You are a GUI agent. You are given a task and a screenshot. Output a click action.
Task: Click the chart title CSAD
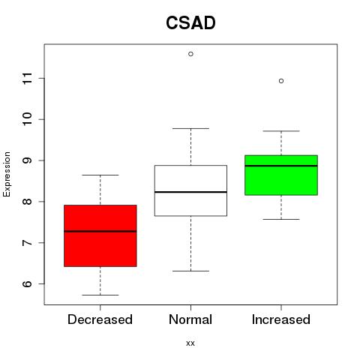tap(190, 22)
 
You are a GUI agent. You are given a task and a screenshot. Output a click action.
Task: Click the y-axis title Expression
tap(7, 174)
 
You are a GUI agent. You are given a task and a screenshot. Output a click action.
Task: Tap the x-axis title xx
tap(190, 343)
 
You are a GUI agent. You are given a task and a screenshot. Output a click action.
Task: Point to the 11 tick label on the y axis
tap(28, 78)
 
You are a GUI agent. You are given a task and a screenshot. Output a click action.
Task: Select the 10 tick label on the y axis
tap(28, 119)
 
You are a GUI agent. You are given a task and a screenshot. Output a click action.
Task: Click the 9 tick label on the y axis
tap(28, 160)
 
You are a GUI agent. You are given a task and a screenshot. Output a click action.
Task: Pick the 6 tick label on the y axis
tap(28, 283)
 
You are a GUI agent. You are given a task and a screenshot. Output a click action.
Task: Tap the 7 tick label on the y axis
tap(28, 242)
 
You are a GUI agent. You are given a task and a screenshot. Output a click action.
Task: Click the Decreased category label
tap(100, 319)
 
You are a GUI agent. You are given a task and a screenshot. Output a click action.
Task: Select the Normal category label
tap(190, 319)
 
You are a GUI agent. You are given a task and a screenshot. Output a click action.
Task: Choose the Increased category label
tap(281, 319)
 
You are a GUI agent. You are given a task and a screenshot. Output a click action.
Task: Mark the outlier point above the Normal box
tap(190, 54)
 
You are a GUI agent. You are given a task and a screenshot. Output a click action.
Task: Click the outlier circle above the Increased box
tap(281, 81)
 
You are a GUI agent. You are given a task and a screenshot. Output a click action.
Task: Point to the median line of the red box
tap(100, 231)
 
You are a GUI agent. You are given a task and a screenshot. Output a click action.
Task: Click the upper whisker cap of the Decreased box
tap(100, 175)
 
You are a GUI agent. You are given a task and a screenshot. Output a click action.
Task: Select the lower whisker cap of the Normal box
tap(190, 271)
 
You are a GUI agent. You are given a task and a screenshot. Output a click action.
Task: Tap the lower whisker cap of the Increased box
tap(281, 219)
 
